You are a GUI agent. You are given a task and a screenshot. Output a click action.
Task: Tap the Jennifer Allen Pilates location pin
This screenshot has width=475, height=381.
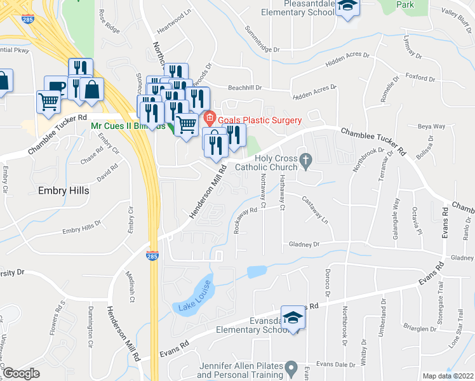(291, 368)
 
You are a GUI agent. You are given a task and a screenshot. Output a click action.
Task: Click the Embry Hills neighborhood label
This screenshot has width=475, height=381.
(64, 190)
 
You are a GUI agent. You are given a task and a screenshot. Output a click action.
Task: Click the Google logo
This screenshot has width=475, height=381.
(21, 373)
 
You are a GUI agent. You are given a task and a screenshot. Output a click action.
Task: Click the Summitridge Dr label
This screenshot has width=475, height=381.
(262, 49)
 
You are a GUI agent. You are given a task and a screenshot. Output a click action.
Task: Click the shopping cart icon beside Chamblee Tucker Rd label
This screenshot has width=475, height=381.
(48, 102)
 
